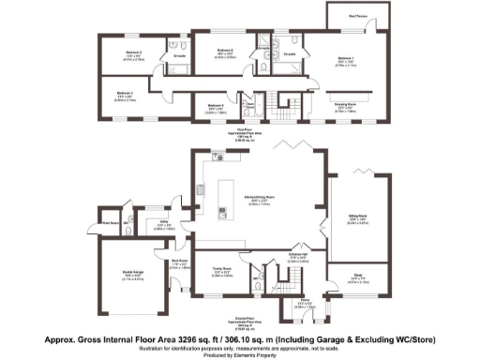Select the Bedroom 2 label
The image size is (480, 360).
pyautogui.click(x=224, y=50)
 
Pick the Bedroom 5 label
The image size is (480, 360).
pyautogui.click(x=215, y=105)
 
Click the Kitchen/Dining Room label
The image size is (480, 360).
pyautogui.click(x=259, y=197)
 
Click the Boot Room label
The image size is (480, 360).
pyautogui.click(x=178, y=262)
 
